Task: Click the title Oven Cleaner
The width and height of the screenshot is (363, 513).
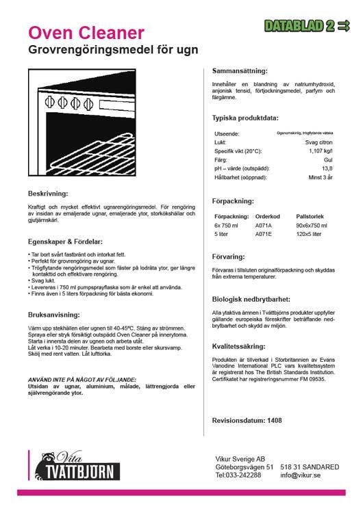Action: [86, 32]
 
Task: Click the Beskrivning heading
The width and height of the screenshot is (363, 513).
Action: [48, 193]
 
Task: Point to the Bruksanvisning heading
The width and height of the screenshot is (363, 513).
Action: [57, 317]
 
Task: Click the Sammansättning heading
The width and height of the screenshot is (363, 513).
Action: [240, 70]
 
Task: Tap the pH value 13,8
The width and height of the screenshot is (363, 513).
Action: [327, 168]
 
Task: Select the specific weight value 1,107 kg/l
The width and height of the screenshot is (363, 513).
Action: [321, 150]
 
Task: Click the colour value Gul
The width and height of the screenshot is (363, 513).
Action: [328, 159]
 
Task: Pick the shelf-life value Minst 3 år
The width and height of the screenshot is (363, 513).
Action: [320, 176]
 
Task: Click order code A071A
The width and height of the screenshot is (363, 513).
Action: [263, 224]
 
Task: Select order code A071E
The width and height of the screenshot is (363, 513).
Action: [263, 233]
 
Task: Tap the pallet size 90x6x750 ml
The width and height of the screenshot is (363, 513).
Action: [312, 224]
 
